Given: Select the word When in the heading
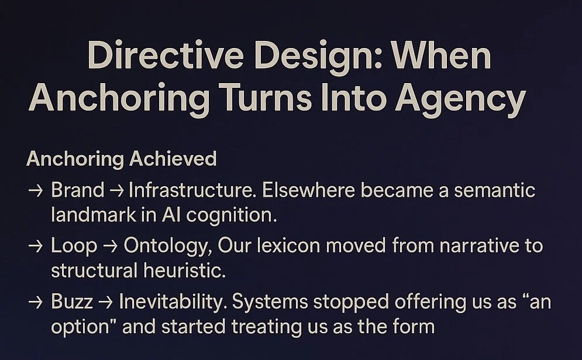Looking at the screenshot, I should (442, 58).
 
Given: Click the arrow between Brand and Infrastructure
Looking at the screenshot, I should (116, 190).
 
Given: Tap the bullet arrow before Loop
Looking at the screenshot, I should (35, 246).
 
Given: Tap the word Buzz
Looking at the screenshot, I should (73, 302).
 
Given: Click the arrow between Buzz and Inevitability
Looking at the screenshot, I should (106, 303).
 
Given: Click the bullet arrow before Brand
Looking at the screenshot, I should (35, 190).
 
